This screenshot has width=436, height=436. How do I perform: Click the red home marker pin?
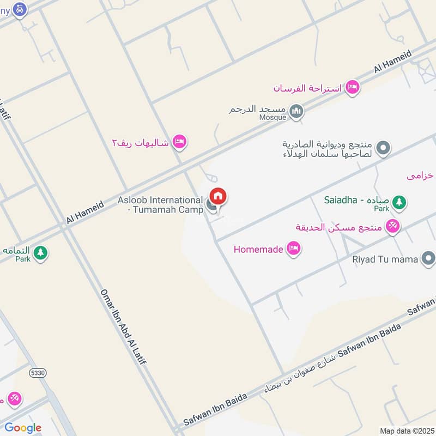[217, 196]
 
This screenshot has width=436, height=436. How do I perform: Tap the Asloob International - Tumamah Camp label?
[160, 205]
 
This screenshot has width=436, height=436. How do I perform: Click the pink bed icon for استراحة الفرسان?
[353, 87]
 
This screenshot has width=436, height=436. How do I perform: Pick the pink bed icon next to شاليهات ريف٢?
[179, 142]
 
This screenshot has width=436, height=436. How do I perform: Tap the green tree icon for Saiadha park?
[399, 202]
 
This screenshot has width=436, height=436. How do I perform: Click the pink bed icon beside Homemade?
[294, 249]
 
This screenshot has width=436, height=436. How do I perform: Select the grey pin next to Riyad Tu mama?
[427, 259]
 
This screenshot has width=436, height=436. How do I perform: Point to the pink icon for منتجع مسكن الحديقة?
[392, 226]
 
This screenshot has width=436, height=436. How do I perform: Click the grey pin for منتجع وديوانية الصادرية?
[384, 148]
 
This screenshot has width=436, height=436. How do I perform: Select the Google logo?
[22, 428]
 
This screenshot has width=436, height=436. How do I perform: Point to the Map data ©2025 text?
[405, 431]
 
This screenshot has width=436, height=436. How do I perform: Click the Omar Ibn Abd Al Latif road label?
[124, 330]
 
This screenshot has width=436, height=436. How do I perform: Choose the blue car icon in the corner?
[20, 9]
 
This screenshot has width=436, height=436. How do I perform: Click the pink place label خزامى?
[420, 175]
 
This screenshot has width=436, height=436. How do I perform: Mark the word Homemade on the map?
[258, 250]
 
